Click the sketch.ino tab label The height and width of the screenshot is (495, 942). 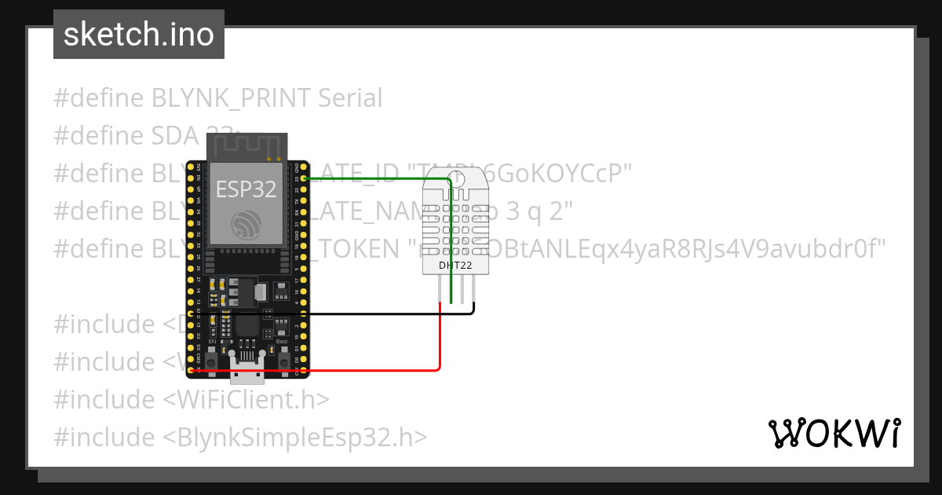(x=138, y=35)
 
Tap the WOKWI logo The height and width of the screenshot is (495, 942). (x=834, y=433)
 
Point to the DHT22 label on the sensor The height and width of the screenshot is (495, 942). (x=455, y=266)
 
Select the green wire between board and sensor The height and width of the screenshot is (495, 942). (x=377, y=179)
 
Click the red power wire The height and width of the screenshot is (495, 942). (x=330, y=369)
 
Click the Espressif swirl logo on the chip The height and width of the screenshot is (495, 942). (x=244, y=224)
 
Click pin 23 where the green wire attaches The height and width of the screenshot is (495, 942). (x=297, y=179)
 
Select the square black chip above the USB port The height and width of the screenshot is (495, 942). (x=247, y=325)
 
